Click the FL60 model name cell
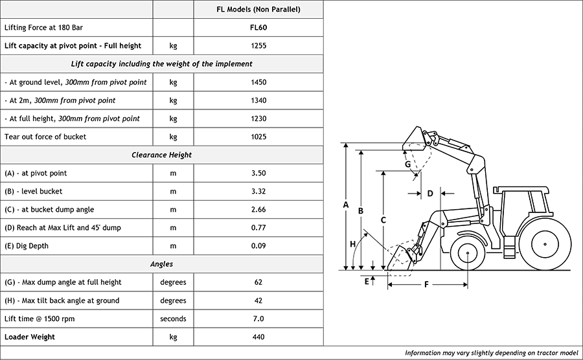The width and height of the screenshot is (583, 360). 258,27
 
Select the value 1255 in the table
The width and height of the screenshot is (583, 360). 258,46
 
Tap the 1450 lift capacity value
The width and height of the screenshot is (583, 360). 258,82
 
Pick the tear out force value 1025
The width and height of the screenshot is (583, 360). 258,137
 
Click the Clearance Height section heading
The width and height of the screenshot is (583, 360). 162,155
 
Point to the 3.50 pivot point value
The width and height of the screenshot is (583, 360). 258,173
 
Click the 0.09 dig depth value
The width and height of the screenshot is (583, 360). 258,246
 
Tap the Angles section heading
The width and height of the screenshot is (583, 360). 162,264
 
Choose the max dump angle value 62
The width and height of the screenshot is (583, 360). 258,282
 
